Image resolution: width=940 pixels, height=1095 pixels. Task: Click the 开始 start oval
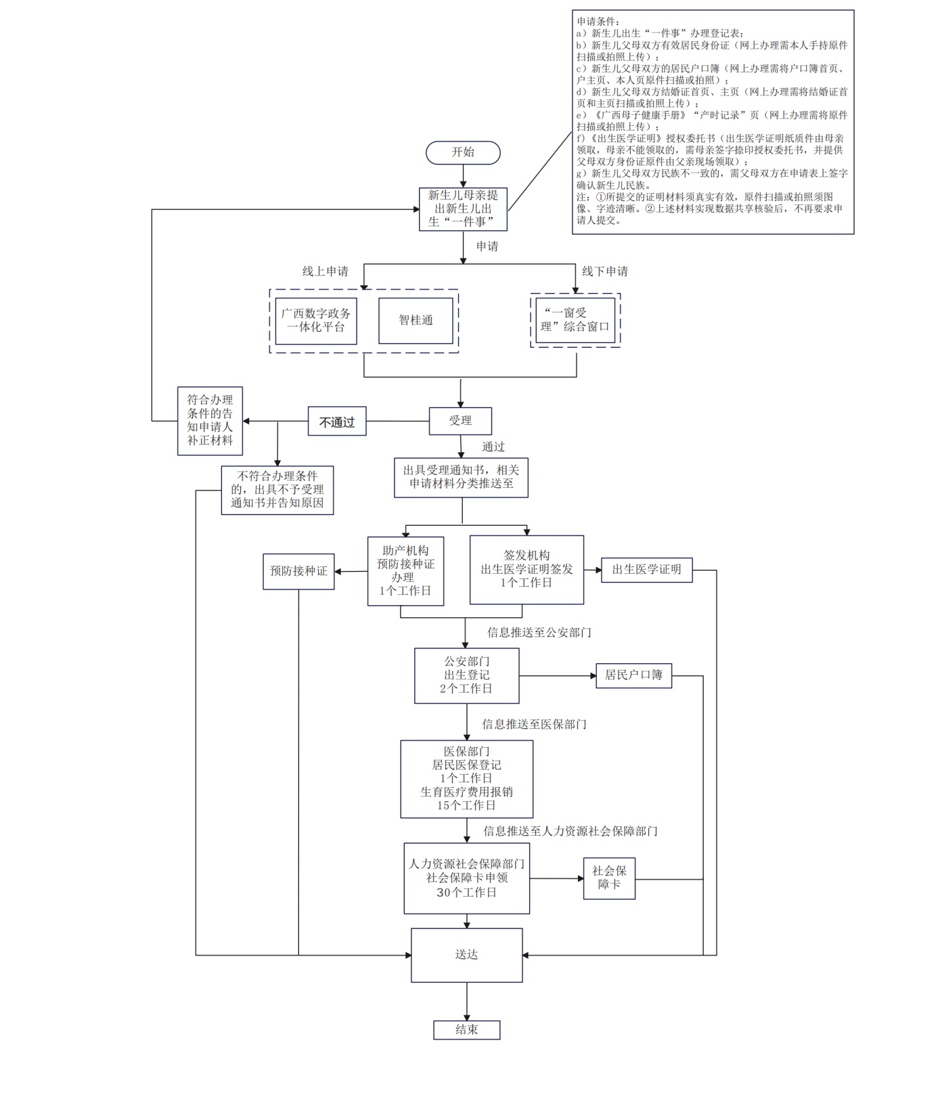tap(463, 153)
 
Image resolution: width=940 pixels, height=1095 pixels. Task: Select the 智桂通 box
tap(416, 321)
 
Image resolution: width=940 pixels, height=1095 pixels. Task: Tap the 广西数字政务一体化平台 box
tap(316, 321)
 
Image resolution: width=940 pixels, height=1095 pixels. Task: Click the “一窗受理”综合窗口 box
tap(575, 320)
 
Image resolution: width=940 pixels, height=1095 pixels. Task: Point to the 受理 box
tap(460, 421)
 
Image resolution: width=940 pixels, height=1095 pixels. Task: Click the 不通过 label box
tap(337, 422)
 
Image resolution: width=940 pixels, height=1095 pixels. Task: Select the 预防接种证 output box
tap(298, 571)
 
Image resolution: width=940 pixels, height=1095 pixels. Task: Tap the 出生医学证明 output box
tap(647, 570)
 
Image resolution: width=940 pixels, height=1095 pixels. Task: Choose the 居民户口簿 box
tap(633, 675)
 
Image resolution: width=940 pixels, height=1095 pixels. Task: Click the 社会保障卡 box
tap(609, 878)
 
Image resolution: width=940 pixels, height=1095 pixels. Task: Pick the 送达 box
tap(467, 955)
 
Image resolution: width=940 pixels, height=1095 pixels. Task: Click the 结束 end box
tap(467, 1030)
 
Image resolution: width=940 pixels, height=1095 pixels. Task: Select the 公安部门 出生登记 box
tap(467, 675)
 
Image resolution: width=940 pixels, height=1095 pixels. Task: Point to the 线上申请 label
tap(326, 271)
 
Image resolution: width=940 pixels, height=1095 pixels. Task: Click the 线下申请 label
tap(605, 271)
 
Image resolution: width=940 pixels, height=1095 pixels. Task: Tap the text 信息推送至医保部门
tap(535, 724)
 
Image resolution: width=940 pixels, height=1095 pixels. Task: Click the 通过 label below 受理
tap(493, 447)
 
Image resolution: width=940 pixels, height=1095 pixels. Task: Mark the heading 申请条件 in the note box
tap(595, 22)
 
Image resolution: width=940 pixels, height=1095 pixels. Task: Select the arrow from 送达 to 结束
tap(467, 1001)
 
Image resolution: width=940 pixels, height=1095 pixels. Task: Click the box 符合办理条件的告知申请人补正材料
tap(210, 421)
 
